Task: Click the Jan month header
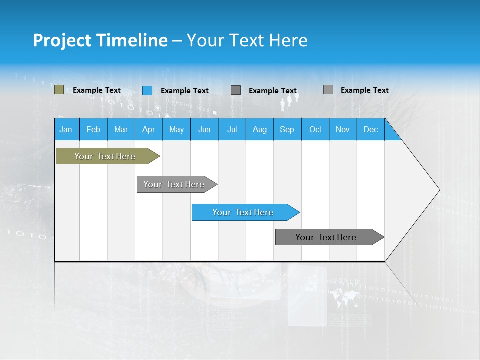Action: point(66,129)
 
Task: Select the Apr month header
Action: point(149,129)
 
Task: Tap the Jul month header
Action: point(232,129)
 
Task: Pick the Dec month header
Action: point(370,129)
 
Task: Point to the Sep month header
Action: point(287,129)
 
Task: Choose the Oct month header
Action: point(315,129)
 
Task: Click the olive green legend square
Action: point(59,90)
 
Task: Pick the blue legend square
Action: point(147,90)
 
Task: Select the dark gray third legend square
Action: point(236,90)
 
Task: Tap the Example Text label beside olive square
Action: point(97,90)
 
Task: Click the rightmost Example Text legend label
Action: point(364,90)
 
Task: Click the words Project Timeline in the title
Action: point(100,40)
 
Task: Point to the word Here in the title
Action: point(288,40)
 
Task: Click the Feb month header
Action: point(93,129)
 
